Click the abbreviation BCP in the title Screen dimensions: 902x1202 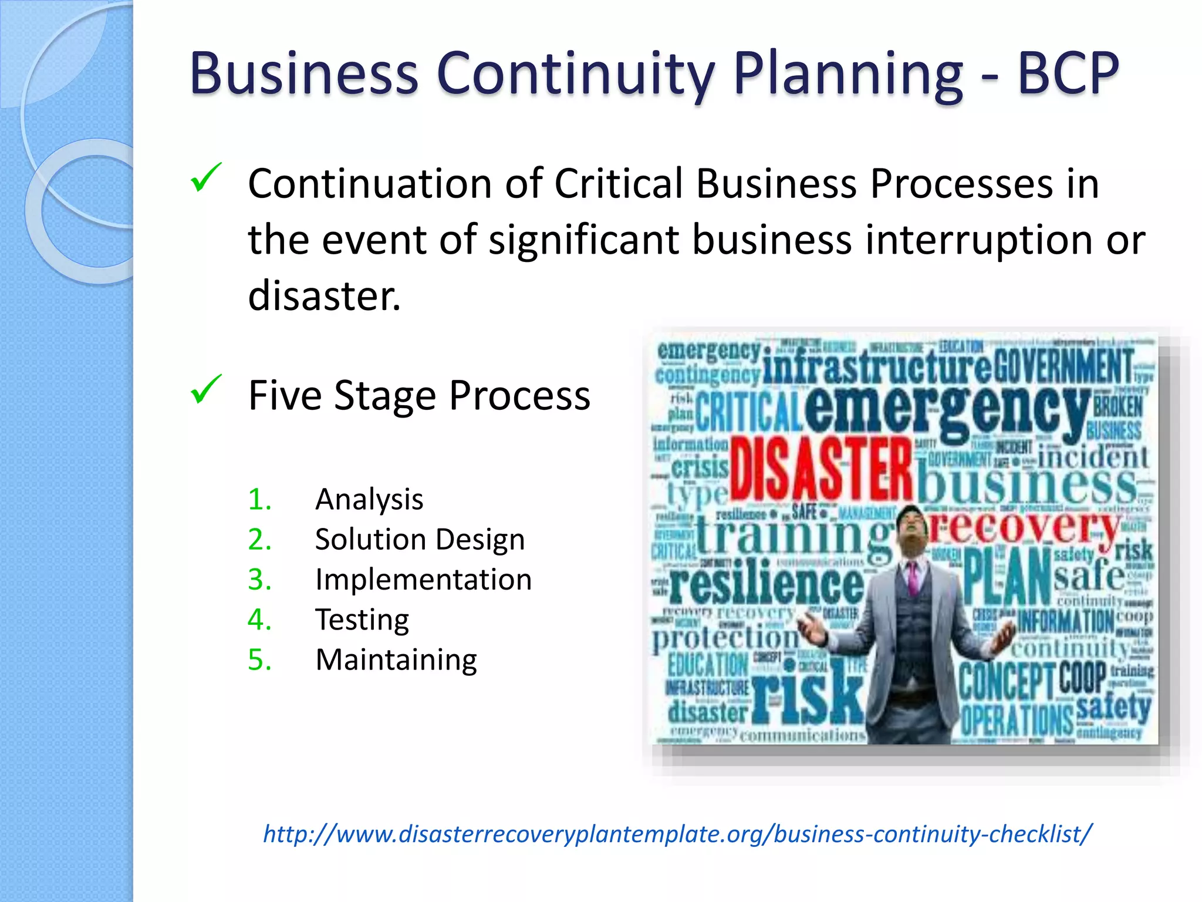tap(1068, 73)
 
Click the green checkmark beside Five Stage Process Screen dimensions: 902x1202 tap(206, 390)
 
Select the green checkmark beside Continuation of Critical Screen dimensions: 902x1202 tap(206, 178)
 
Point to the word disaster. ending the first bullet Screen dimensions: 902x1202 tap(324, 295)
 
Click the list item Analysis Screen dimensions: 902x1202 tap(369, 500)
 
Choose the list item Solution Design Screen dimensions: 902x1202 tap(420, 539)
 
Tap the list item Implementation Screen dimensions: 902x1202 tap(423, 580)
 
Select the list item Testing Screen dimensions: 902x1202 tap(362, 620)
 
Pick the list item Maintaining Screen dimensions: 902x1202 tap(396, 659)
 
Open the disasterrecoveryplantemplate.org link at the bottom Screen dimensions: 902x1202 tap(677, 834)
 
